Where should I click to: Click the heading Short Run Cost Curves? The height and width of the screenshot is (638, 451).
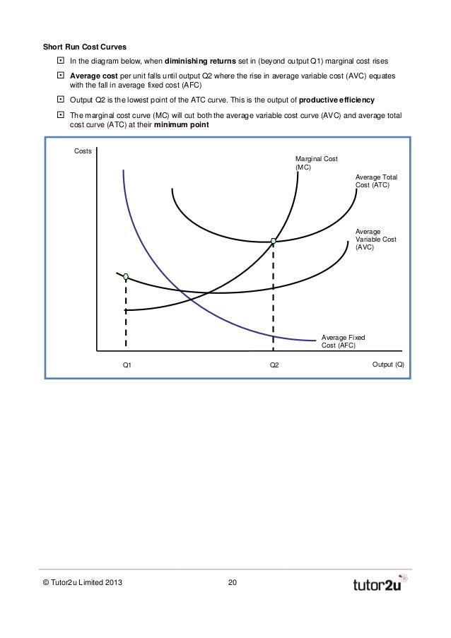86,47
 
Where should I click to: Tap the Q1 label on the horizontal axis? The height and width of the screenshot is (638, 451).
127,365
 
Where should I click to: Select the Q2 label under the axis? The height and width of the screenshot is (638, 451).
274,365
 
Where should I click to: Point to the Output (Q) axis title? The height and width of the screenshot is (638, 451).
388,365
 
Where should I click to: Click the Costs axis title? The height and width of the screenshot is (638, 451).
83,151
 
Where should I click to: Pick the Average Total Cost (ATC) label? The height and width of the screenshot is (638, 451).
373,181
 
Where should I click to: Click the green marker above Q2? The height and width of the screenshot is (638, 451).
274,242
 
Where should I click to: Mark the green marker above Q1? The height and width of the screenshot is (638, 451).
126,277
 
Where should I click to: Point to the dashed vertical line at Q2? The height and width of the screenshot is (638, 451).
274,297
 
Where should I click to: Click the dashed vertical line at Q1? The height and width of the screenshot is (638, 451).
126,314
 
